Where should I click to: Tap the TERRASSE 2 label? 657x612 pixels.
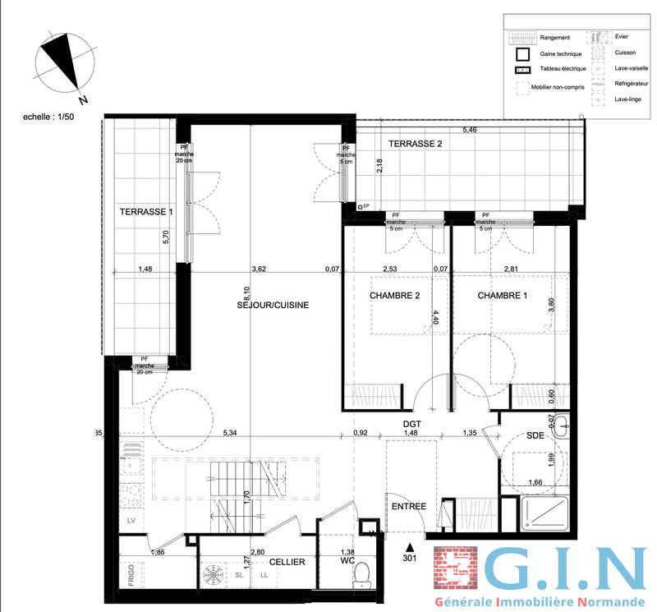coord(415,144)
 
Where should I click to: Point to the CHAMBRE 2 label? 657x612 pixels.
coord(395,296)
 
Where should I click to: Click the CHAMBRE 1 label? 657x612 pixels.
coord(503,296)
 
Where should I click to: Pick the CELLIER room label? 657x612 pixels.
coord(287,562)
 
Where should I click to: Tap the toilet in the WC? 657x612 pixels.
coord(359,581)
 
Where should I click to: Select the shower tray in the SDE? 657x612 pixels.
coord(541,515)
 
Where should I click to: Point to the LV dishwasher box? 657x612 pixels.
coord(131,521)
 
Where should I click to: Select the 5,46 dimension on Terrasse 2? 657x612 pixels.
coord(469,130)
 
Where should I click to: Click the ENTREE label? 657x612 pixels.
coord(408,506)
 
